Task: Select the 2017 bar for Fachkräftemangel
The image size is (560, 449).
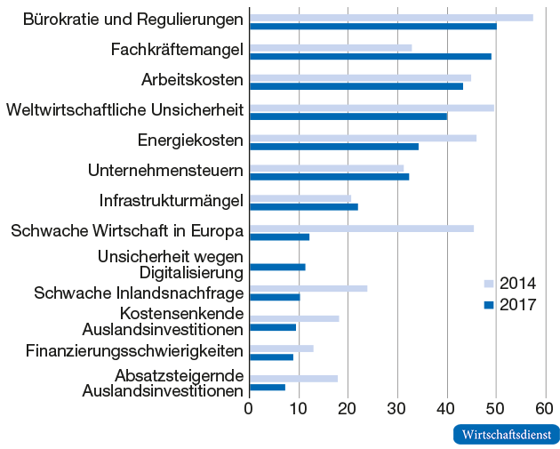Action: click(370, 56)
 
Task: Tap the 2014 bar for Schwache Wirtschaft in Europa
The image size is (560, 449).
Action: click(361, 229)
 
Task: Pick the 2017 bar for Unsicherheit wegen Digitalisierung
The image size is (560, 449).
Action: click(277, 267)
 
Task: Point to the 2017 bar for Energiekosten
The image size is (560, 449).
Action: click(333, 146)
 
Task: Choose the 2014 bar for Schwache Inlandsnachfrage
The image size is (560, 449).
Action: click(308, 288)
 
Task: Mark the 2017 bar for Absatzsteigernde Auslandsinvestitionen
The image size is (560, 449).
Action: click(268, 387)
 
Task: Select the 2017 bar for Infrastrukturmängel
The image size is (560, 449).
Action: click(303, 206)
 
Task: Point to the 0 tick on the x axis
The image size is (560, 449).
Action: click(249, 409)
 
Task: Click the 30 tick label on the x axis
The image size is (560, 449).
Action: click(397, 409)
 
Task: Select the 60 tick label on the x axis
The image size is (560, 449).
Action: click(545, 409)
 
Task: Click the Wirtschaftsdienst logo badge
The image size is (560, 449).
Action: click(506, 435)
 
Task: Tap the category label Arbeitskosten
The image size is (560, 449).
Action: click(192, 80)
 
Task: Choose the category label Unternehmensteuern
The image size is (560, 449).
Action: click(165, 170)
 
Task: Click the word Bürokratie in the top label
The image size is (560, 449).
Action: click(58, 19)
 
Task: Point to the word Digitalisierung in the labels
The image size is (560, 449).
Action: click(191, 272)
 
